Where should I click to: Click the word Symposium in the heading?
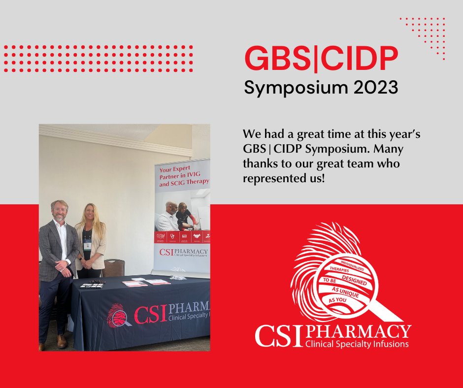[x=290, y=88]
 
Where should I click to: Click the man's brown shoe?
[x=62, y=341]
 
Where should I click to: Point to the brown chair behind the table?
[x=114, y=268]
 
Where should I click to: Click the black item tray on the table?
[x=92, y=285]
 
